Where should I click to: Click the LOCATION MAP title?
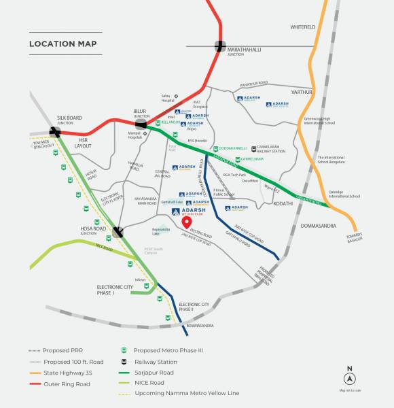tap(62, 44)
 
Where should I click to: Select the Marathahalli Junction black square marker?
tap(221, 46)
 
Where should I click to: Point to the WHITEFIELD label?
tap(303, 27)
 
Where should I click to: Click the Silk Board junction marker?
tap(55, 132)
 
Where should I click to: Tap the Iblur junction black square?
tap(141, 123)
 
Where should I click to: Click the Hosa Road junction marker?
tap(118, 231)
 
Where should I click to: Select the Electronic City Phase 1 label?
tap(115, 289)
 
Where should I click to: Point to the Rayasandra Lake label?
tap(160, 231)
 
